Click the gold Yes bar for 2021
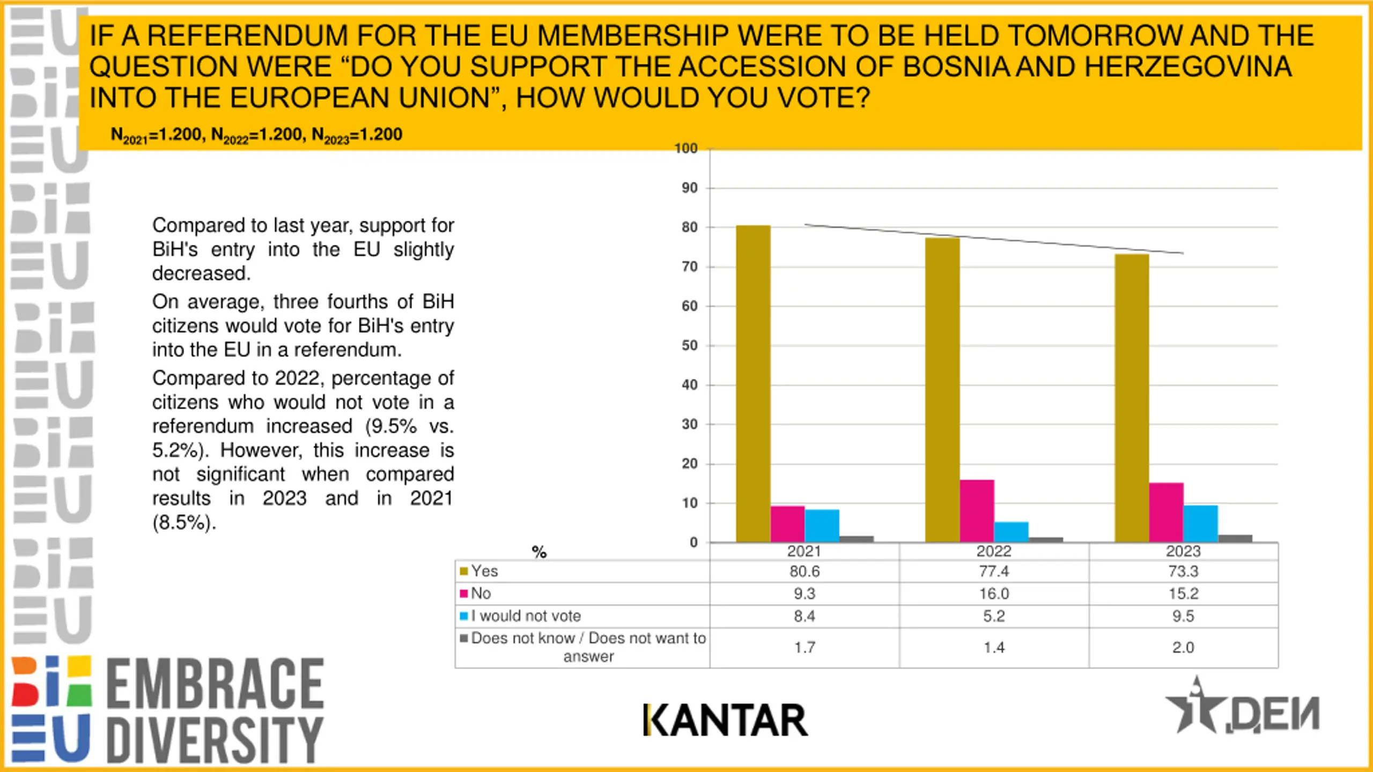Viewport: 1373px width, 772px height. pyautogui.click(x=753, y=384)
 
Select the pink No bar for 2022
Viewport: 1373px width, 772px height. pyautogui.click(x=977, y=511)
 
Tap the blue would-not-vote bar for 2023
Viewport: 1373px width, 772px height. pyautogui.click(x=1200, y=523)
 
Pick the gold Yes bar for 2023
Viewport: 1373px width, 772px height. pyautogui.click(x=1132, y=398)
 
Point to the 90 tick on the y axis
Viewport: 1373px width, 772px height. pyautogui.click(x=689, y=188)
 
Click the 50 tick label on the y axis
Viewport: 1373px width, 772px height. pyautogui.click(x=689, y=346)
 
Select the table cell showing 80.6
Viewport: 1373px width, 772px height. pyautogui.click(x=804, y=571)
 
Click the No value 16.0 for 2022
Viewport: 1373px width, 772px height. pyautogui.click(x=994, y=594)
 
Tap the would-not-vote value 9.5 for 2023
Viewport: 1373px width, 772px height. pyautogui.click(x=1183, y=617)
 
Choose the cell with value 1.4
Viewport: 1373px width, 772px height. pyautogui.click(x=994, y=648)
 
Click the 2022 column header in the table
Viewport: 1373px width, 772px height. pyautogui.click(x=994, y=552)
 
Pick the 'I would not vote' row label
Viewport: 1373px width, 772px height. pyautogui.click(x=526, y=617)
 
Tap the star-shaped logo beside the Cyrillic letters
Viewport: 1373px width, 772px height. pyautogui.click(x=1196, y=708)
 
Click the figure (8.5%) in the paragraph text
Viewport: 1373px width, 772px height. pyautogui.click(x=184, y=523)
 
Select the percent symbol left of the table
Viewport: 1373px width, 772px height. pyautogui.click(x=539, y=552)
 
